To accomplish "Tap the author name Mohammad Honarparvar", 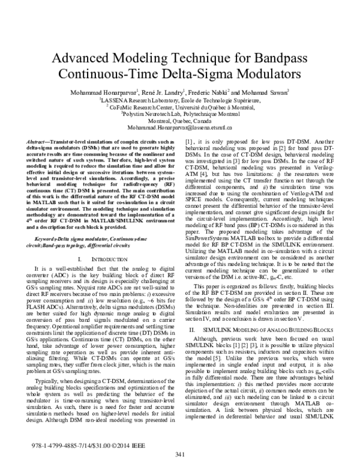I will pyautogui.click(x=104, y=92).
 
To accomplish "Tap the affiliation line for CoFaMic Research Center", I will pyautogui.click(x=179, y=106).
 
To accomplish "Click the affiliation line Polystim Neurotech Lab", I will pyautogui.click(x=179, y=113).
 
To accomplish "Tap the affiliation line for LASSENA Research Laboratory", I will pyautogui.click(x=179, y=100).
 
